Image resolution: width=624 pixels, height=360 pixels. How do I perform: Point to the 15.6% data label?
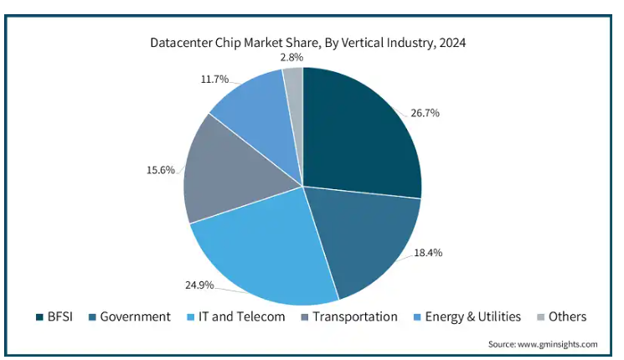tap(161, 170)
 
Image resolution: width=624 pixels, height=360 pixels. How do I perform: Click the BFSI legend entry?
tap(57, 316)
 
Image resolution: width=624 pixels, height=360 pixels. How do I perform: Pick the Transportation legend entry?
tap(350, 316)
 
